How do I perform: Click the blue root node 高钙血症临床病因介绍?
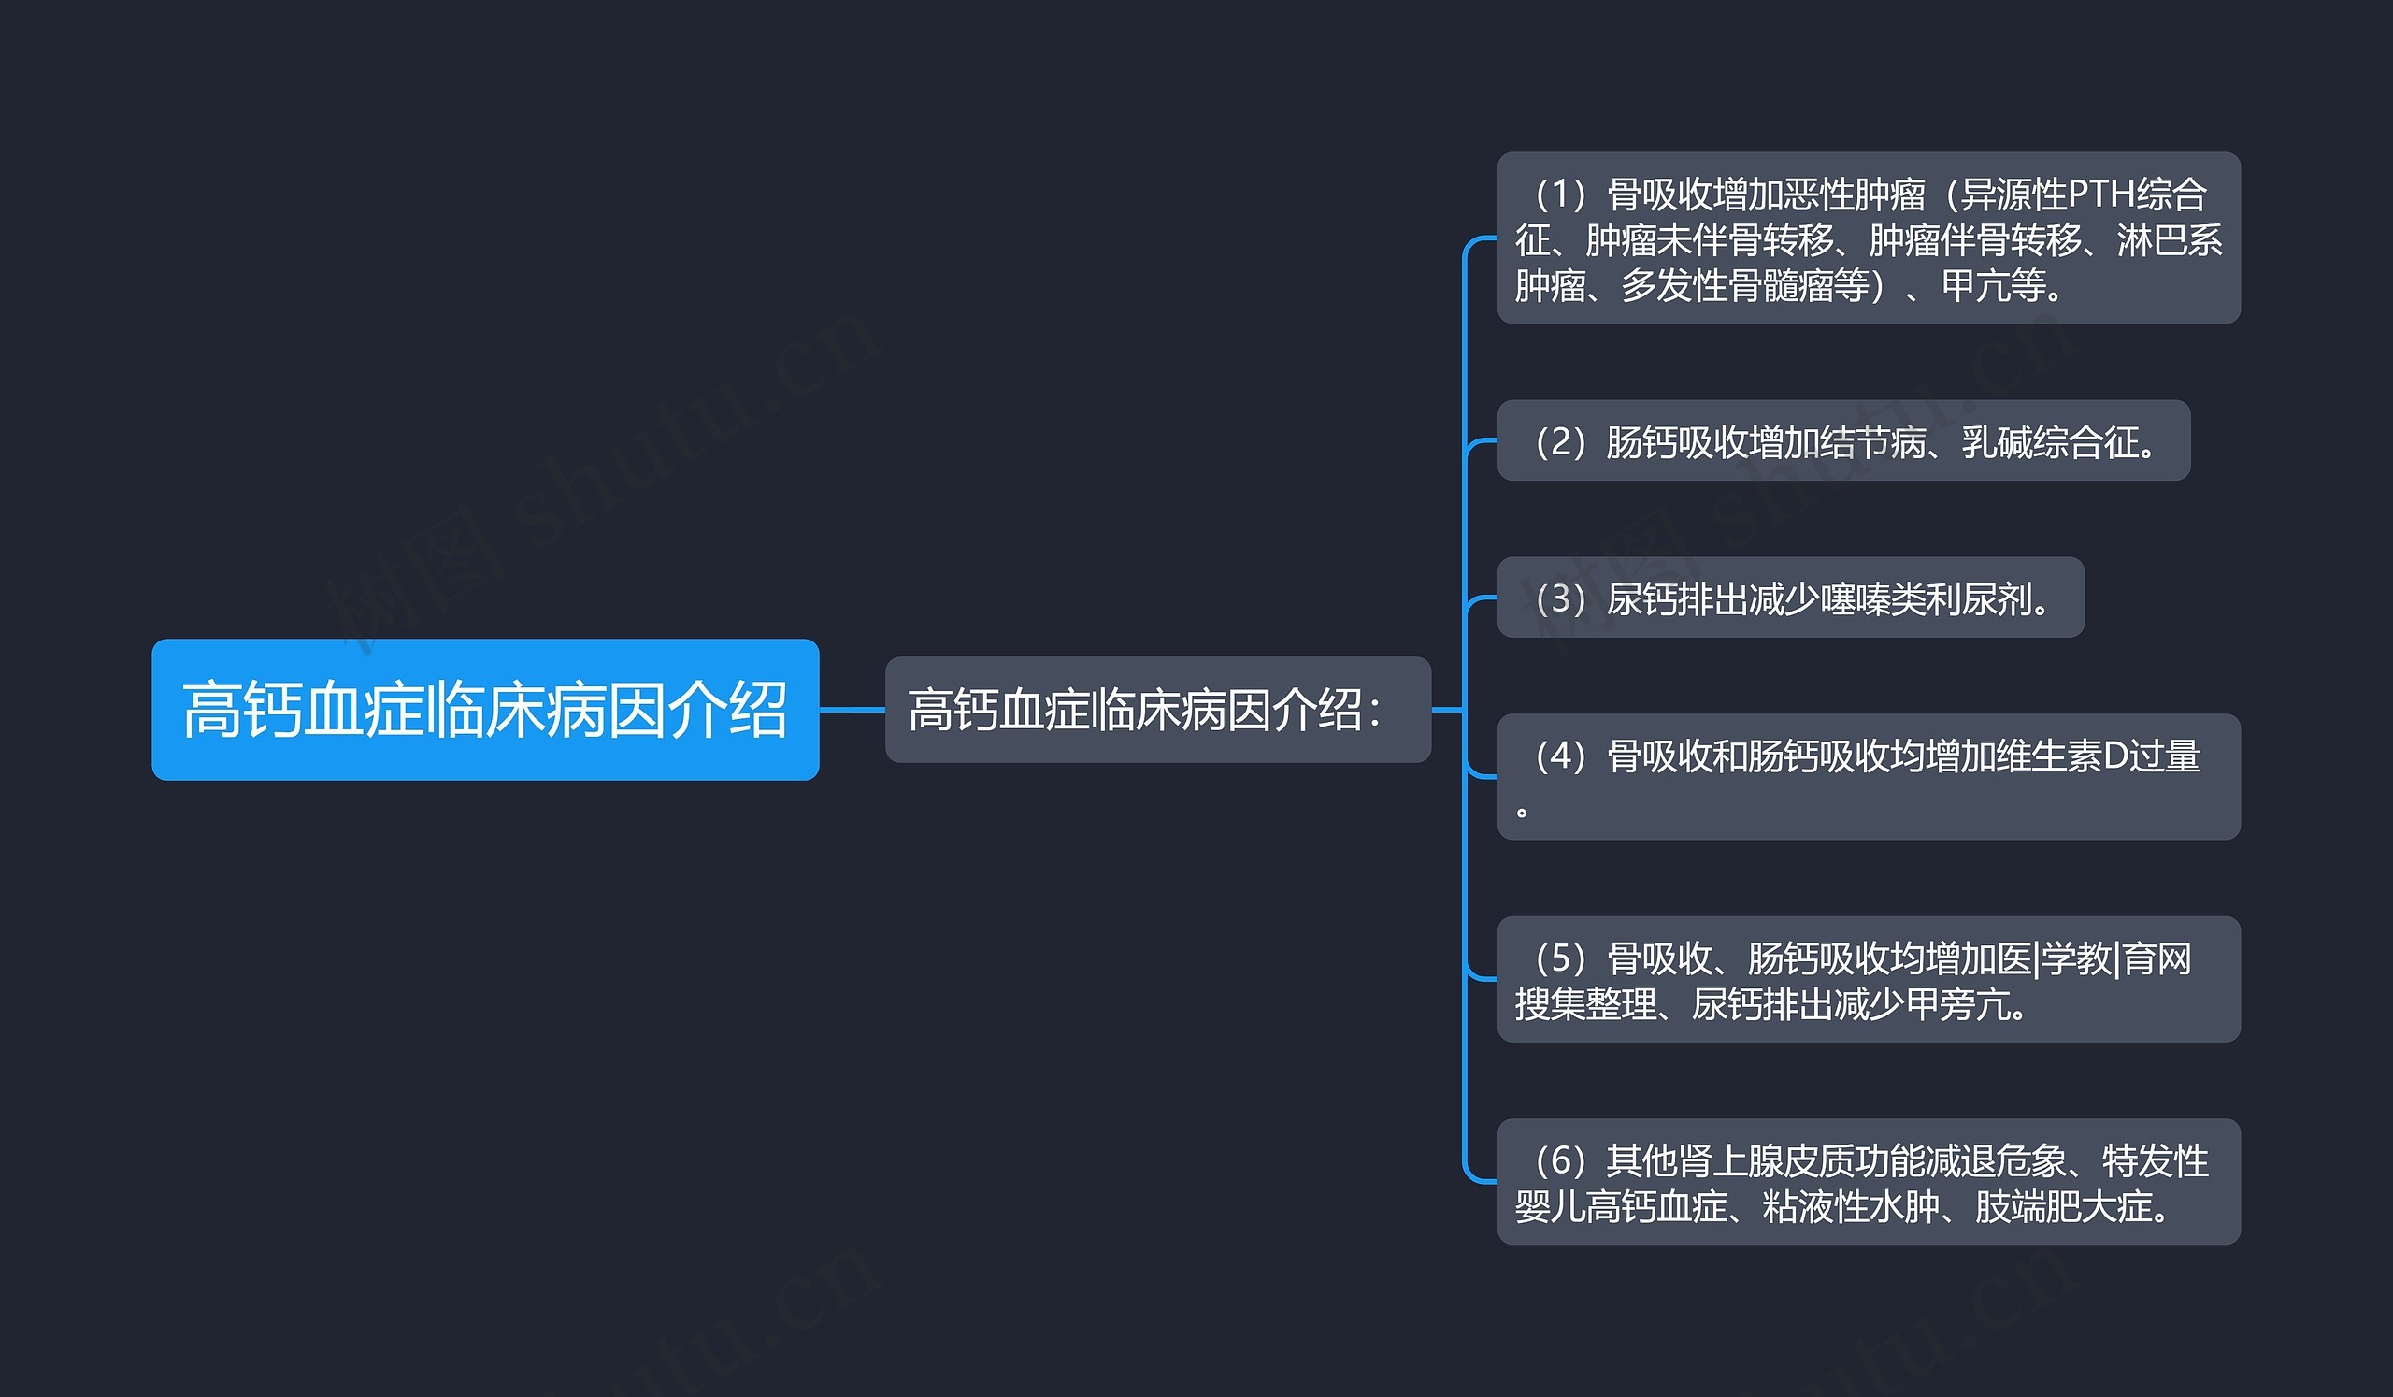pos(484,710)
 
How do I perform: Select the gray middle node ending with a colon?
pos(1156,710)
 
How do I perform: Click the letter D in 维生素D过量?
pos(2115,756)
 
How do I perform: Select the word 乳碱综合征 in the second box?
pos(2050,442)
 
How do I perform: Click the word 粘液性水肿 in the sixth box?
pos(1851,1207)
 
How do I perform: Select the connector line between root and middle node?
pos(852,710)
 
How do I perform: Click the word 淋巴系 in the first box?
pos(2170,240)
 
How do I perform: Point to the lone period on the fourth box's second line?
pos(1522,811)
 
